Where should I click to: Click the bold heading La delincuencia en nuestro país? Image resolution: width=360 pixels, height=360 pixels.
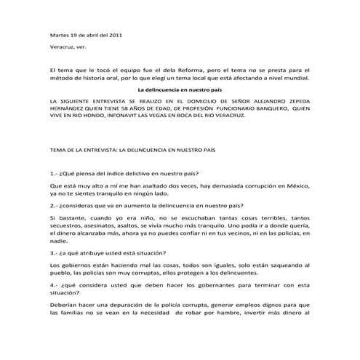click(x=180, y=89)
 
